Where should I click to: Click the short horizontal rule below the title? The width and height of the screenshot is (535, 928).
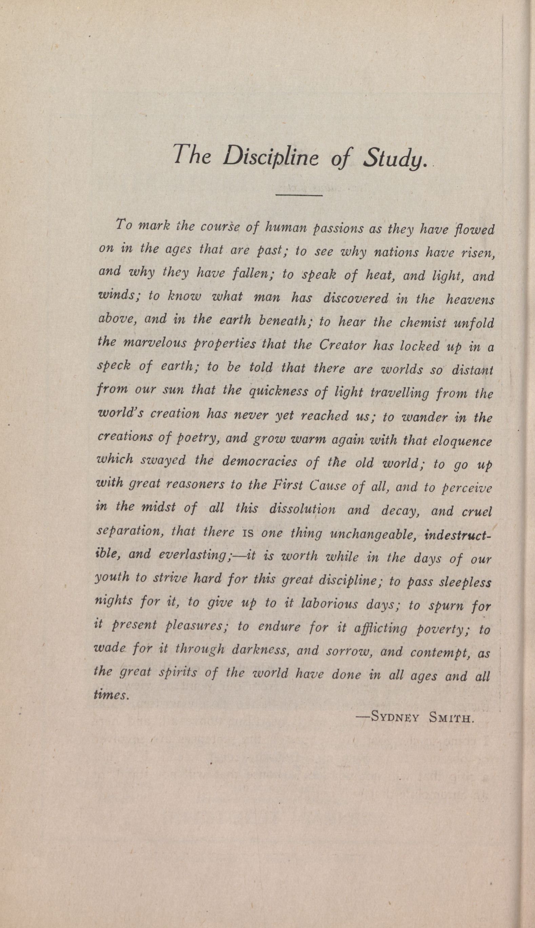coord(299,195)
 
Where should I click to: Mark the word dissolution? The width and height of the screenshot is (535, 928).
coord(302,509)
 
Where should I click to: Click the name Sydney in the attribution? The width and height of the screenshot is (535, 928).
coord(395,717)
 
